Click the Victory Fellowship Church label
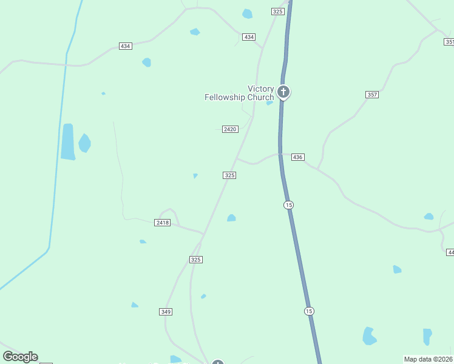[239, 93]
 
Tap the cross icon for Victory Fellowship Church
[283, 92]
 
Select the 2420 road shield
[230, 129]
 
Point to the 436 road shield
[297, 157]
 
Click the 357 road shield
[372, 95]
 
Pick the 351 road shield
[449, 42]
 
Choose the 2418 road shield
[163, 223]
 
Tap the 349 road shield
[166, 312]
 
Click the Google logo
[20, 357]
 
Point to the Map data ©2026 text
[428, 359]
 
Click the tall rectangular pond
[67, 142]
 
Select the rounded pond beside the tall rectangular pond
[84, 143]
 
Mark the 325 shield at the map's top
[278, 12]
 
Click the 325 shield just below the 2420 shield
[229, 175]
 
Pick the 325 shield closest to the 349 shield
[195, 260]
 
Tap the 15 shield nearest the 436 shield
[288, 205]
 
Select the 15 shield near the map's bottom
[309, 311]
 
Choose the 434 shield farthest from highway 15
[126, 46]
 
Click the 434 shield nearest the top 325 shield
[249, 37]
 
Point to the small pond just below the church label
[269, 103]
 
